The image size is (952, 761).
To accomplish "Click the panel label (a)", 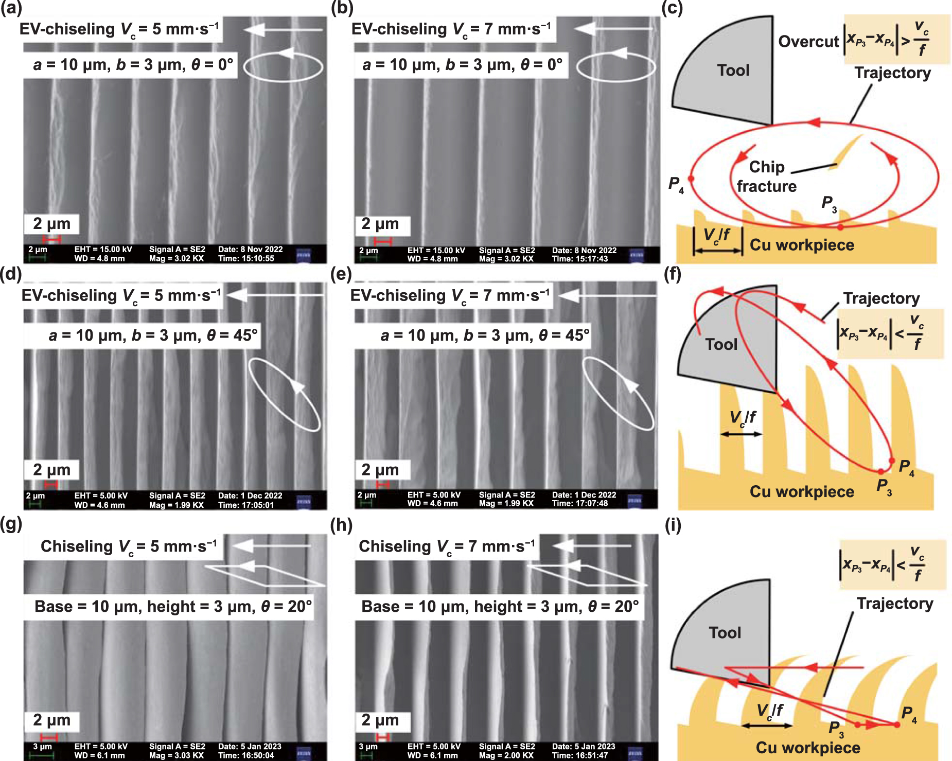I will [11, 8].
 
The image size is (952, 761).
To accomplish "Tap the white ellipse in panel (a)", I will [283, 67].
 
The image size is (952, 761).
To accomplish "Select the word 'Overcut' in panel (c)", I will [808, 41].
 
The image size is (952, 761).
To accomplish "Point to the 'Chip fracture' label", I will [766, 176].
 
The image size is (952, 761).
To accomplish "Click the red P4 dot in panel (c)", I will [691, 179].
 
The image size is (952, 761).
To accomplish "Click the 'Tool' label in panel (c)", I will [733, 70].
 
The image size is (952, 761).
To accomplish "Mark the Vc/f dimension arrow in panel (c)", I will [717, 251].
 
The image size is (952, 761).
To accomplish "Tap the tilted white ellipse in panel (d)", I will [285, 395].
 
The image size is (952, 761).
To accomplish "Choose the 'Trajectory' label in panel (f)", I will [881, 298].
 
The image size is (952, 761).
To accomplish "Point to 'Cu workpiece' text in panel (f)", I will [801, 491].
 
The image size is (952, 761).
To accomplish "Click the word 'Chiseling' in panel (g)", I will [77, 546].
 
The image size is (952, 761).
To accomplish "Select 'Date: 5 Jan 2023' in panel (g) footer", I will [250, 747].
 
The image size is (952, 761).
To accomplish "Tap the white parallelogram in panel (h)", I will [587, 575].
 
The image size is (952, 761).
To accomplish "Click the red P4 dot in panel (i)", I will [897, 724].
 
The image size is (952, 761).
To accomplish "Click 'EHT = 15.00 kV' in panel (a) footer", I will [103, 250].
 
